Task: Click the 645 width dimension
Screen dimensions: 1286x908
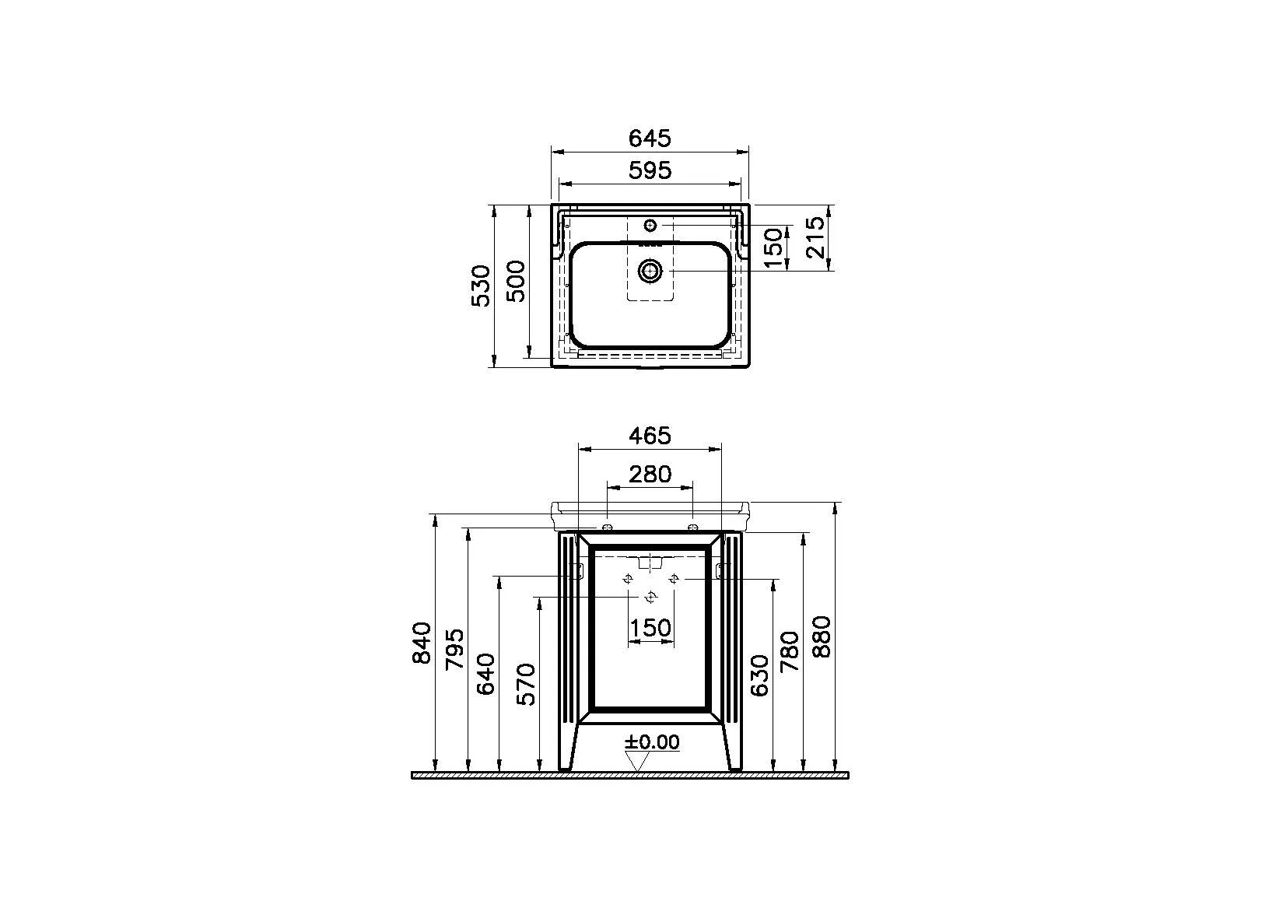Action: coord(650,138)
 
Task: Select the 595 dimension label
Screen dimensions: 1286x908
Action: coord(650,170)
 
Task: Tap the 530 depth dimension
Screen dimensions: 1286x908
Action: coord(481,286)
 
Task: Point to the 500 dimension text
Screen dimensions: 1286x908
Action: coord(515,281)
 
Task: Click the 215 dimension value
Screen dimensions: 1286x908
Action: coord(815,237)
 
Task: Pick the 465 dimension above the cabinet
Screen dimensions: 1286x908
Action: coord(650,436)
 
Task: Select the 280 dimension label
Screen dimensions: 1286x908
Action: coord(650,475)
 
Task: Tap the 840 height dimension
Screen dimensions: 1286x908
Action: coord(422,643)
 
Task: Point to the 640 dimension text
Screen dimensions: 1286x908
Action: coord(486,674)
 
